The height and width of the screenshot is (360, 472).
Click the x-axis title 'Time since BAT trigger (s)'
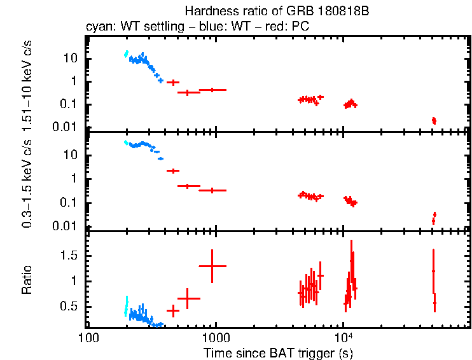tap(278, 352)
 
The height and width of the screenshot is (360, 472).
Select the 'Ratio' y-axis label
tap(27, 280)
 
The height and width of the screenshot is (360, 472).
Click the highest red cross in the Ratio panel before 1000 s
tap(212, 266)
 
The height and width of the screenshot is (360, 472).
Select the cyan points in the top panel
tap(126, 54)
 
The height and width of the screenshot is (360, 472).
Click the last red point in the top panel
tap(434, 120)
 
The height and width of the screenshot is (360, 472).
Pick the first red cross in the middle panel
tap(172, 170)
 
